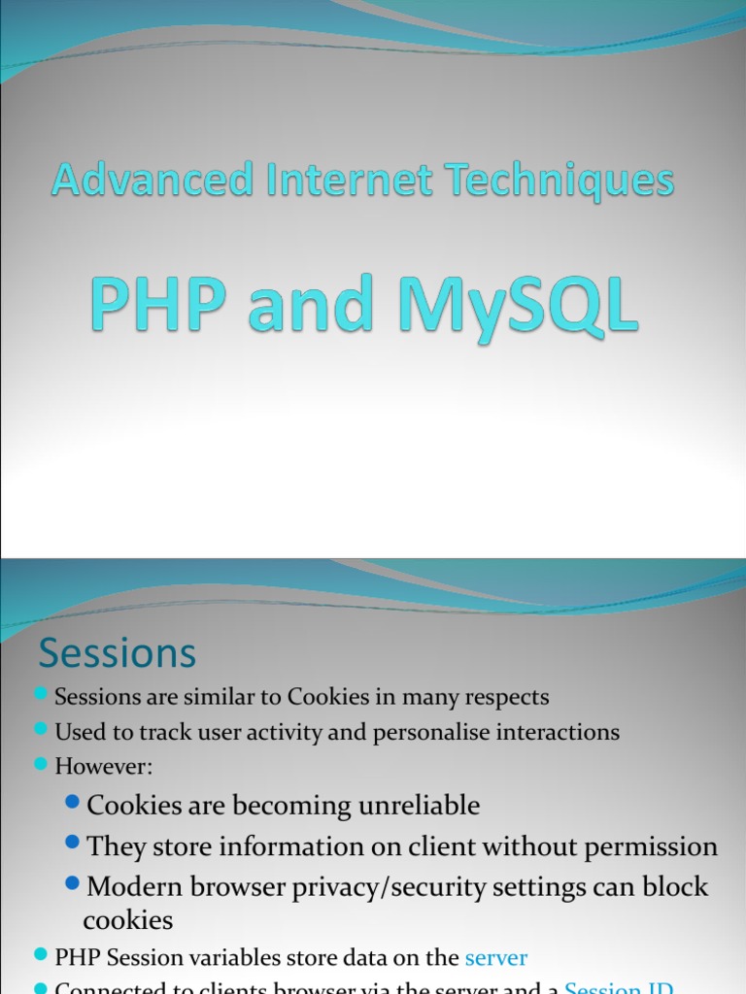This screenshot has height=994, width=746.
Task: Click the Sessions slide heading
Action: pos(118,653)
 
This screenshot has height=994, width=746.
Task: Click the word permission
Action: pos(646,846)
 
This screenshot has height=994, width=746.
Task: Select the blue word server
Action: pos(495,958)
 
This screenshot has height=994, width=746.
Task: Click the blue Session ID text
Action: pos(619,988)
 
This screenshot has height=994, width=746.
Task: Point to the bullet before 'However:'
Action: pos(41,764)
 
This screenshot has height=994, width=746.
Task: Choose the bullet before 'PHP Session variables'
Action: pos(41,956)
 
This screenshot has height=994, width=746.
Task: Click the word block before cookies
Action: pos(679,887)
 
